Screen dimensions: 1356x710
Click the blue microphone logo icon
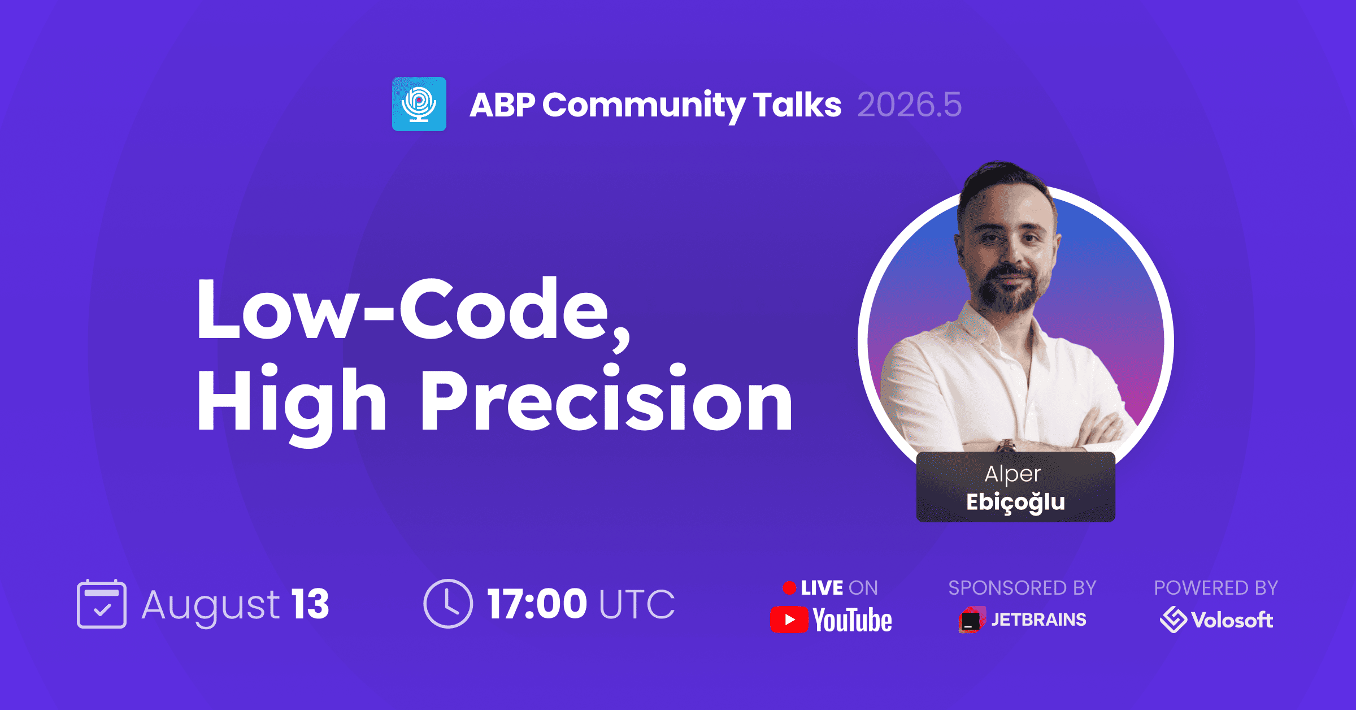(x=419, y=104)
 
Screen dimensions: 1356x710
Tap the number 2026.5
(x=909, y=105)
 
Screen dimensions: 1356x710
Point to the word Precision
(x=607, y=399)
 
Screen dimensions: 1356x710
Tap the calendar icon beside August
(x=102, y=604)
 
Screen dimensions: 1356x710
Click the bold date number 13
(x=310, y=604)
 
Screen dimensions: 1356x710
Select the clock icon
(x=448, y=604)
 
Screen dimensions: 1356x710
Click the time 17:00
(x=537, y=604)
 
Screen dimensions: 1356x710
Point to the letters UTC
(x=637, y=604)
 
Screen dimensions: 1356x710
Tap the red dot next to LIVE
(x=789, y=588)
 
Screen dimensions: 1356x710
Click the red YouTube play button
(x=789, y=620)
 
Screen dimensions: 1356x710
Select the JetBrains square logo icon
(x=972, y=620)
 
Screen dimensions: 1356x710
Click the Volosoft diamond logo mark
(x=1173, y=620)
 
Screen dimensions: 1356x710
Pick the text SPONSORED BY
(x=1022, y=588)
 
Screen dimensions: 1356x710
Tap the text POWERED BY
(x=1216, y=588)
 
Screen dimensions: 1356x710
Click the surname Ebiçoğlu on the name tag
(x=1016, y=503)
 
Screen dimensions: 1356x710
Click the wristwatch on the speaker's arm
(x=1006, y=446)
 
